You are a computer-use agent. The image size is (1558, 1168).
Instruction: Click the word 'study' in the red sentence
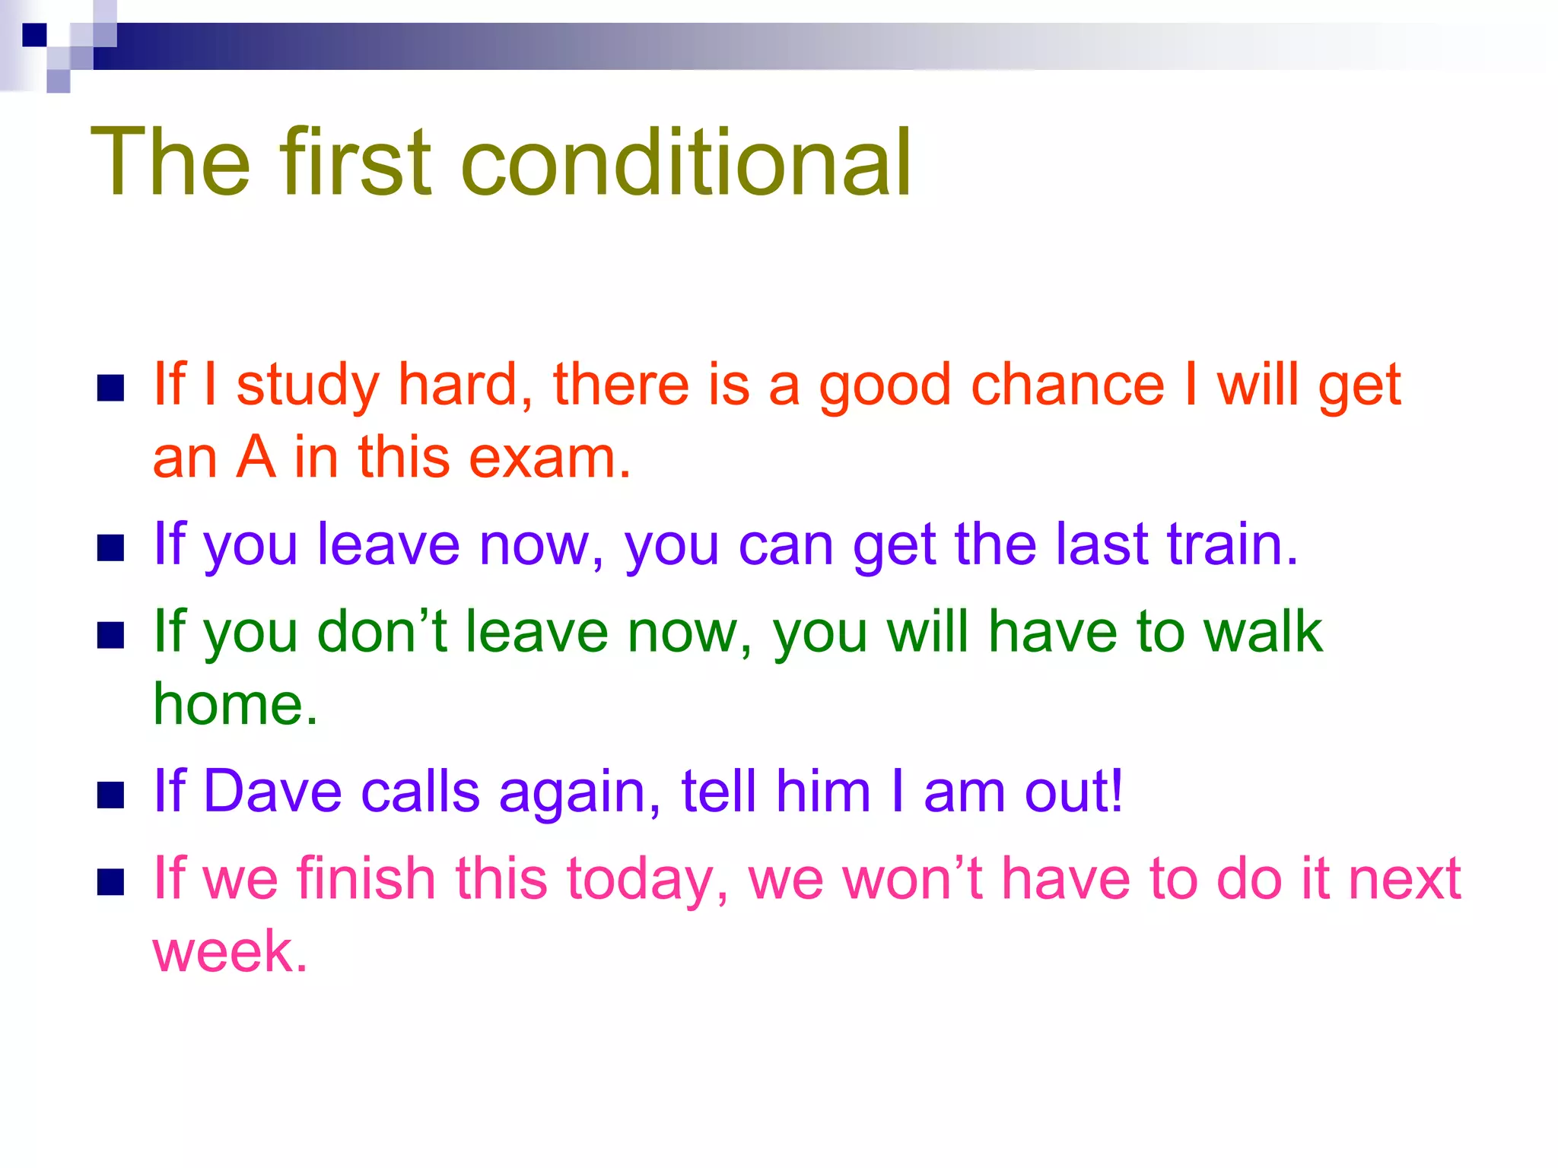tap(307, 386)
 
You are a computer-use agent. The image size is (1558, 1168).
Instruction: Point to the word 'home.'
tap(235, 704)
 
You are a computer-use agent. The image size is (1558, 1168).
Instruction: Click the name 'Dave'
tap(272, 792)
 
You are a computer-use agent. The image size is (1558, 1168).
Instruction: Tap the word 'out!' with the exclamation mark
tap(1073, 792)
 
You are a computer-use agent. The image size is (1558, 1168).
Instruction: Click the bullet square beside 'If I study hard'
tap(111, 388)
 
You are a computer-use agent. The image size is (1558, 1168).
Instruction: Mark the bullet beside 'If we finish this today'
tap(111, 882)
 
